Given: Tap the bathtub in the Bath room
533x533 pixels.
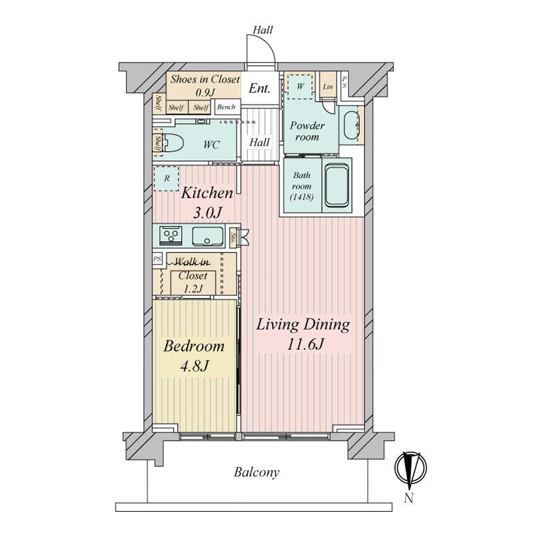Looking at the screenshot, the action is (337, 185).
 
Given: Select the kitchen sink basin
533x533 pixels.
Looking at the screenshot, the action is (208, 236).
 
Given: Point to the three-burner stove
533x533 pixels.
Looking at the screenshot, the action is (171, 235).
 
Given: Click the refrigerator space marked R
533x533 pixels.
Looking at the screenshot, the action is (166, 179).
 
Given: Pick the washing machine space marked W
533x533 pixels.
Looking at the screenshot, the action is (300, 87).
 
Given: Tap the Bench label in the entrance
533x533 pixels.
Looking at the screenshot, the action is (226, 107).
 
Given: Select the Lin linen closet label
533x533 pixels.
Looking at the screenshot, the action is (328, 87).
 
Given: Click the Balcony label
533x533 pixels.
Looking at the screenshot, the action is (257, 472).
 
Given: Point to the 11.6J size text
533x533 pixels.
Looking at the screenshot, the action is (305, 344).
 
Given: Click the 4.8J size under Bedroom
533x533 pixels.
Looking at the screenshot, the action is (194, 366).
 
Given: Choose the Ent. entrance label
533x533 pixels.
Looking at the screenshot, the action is (259, 89).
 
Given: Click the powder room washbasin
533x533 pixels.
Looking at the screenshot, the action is (351, 125).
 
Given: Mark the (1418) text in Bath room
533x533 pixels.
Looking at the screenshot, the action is (302, 197).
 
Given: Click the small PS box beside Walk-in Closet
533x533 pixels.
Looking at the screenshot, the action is (157, 259).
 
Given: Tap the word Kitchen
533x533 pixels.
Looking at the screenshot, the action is (207, 193).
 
